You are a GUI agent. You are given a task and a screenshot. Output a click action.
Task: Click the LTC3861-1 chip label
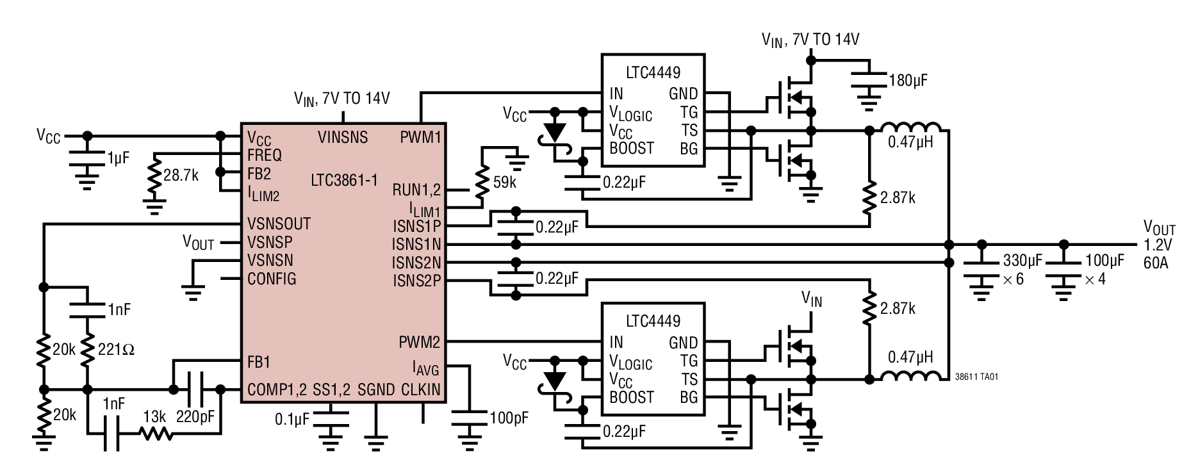coord(344,180)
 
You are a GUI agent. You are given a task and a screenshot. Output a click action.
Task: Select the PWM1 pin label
coord(420,137)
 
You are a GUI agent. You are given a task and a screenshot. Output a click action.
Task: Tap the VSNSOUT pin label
coord(279,224)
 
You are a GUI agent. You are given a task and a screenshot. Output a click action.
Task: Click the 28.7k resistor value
coord(181,176)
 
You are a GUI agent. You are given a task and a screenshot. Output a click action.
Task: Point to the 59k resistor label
coord(505,183)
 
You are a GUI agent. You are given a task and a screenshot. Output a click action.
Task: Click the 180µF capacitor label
coord(908,81)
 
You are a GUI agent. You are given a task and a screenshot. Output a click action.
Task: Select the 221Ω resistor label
coord(116,350)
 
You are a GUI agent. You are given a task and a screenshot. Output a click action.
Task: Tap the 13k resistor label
coord(154,417)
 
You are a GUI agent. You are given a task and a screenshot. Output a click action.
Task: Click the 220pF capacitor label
coord(195,417)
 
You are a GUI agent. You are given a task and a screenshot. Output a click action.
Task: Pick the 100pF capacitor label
coord(509,418)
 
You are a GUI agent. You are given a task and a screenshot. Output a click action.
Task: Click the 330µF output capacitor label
coord(1022,261)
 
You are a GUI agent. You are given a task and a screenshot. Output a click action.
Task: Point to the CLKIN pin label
coord(421,389)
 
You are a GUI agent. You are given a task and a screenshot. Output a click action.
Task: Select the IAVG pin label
coord(425,368)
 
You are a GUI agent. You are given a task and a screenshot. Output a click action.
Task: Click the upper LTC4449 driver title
coord(653,72)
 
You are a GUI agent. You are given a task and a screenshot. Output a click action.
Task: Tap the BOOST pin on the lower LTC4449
coord(631,397)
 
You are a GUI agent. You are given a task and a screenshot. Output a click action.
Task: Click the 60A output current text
coord(1156,263)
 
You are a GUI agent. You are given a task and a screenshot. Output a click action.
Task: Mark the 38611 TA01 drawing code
coord(976,377)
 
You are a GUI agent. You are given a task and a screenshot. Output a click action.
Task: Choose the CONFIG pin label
coord(272,279)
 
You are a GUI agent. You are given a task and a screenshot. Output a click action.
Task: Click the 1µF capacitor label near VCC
coord(118,158)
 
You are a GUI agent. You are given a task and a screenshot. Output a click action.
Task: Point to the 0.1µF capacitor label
coord(292,419)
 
